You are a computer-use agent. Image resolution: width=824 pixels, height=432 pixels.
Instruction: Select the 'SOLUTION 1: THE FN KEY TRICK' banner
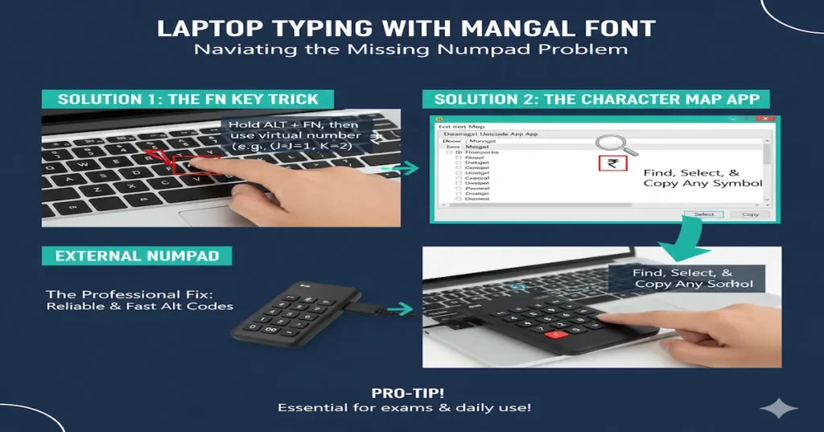coord(188,99)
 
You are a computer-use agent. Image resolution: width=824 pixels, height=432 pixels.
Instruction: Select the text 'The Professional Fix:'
coord(108,294)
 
